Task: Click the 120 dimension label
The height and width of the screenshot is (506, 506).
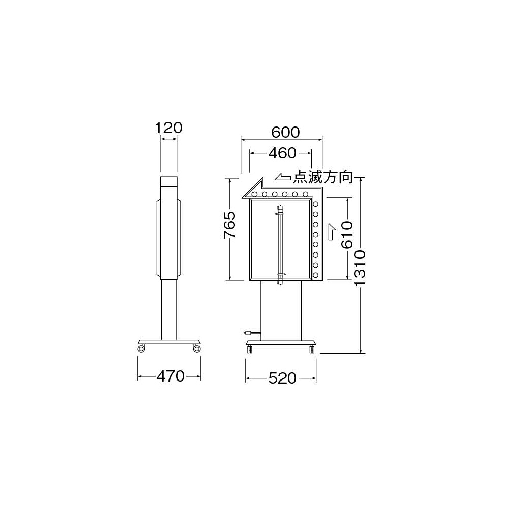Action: click(x=169, y=128)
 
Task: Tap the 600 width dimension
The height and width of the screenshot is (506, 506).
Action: click(x=285, y=132)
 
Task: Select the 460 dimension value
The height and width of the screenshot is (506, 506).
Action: click(x=282, y=153)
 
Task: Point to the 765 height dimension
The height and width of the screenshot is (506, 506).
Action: click(x=229, y=225)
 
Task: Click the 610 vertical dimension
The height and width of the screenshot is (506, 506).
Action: click(x=347, y=235)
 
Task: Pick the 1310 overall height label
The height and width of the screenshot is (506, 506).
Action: click(x=360, y=268)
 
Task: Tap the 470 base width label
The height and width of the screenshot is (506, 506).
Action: click(x=171, y=376)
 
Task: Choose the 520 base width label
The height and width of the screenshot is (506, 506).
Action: click(x=282, y=378)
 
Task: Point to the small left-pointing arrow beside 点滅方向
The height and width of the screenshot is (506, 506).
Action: click(x=283, y=177)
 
